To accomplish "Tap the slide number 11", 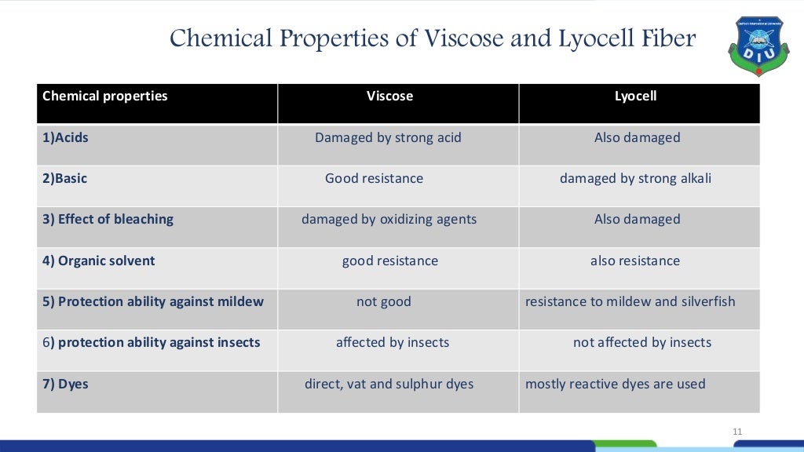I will pos(736,431).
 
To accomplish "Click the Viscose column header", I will pos(389,97).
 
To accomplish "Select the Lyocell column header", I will pos(635,97).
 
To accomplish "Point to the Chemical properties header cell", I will pos(105,97).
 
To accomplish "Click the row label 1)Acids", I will pos(66,138).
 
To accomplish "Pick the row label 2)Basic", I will pos(65,179).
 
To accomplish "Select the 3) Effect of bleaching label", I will pos(108,220).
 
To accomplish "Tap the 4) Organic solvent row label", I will pos(99,261).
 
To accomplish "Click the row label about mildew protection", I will pos(153,301).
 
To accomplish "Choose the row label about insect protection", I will pos(152,343).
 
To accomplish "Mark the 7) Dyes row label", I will pos(66,385).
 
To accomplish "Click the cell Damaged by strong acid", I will pos(388,138).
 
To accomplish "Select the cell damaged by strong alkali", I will pos(635,179).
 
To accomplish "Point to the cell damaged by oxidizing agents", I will pos(389,220).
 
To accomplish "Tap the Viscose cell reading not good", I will pos(384,301).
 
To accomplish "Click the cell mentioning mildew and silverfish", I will pos(630,301).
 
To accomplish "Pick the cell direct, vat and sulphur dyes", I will pos(389,385).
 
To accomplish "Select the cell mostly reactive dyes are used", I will pos(616,385).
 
